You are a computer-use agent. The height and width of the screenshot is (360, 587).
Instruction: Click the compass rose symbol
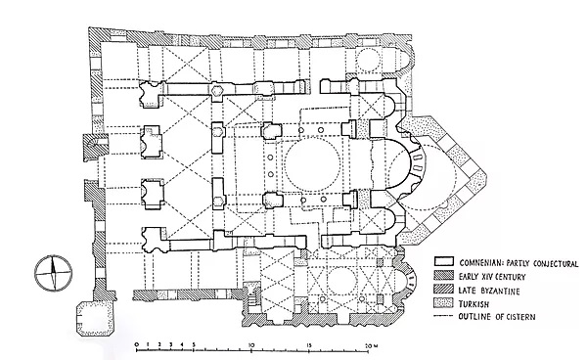click(53, 273)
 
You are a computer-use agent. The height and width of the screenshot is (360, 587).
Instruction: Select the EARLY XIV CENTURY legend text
click(492, 277)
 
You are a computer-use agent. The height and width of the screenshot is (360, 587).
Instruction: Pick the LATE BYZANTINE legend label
click(489, 291)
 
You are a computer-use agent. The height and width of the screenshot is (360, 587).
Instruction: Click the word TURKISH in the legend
click(474, 303)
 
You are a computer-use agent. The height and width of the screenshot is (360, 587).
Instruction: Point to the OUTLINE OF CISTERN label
click(497, 317)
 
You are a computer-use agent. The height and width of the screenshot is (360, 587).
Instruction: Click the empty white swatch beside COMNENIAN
click(444, 261)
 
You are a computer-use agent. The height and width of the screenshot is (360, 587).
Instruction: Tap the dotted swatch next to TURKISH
click(444, 302)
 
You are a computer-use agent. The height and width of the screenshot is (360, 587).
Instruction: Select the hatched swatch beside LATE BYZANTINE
click(444, 289)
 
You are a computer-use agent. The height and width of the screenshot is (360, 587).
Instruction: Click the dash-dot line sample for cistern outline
click(444, 317)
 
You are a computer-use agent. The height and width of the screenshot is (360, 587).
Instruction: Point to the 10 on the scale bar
click(251, 344)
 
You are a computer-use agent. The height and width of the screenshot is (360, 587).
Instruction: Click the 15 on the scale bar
click(309, 344)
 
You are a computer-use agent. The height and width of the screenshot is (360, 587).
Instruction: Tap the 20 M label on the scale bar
click(369, 344)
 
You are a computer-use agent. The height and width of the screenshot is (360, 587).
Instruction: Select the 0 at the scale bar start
click(136, 344)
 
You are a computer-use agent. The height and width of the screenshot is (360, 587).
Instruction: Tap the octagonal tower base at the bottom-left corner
click(93, 317)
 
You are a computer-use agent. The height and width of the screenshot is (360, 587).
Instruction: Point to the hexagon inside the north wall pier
click(217, 90)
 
